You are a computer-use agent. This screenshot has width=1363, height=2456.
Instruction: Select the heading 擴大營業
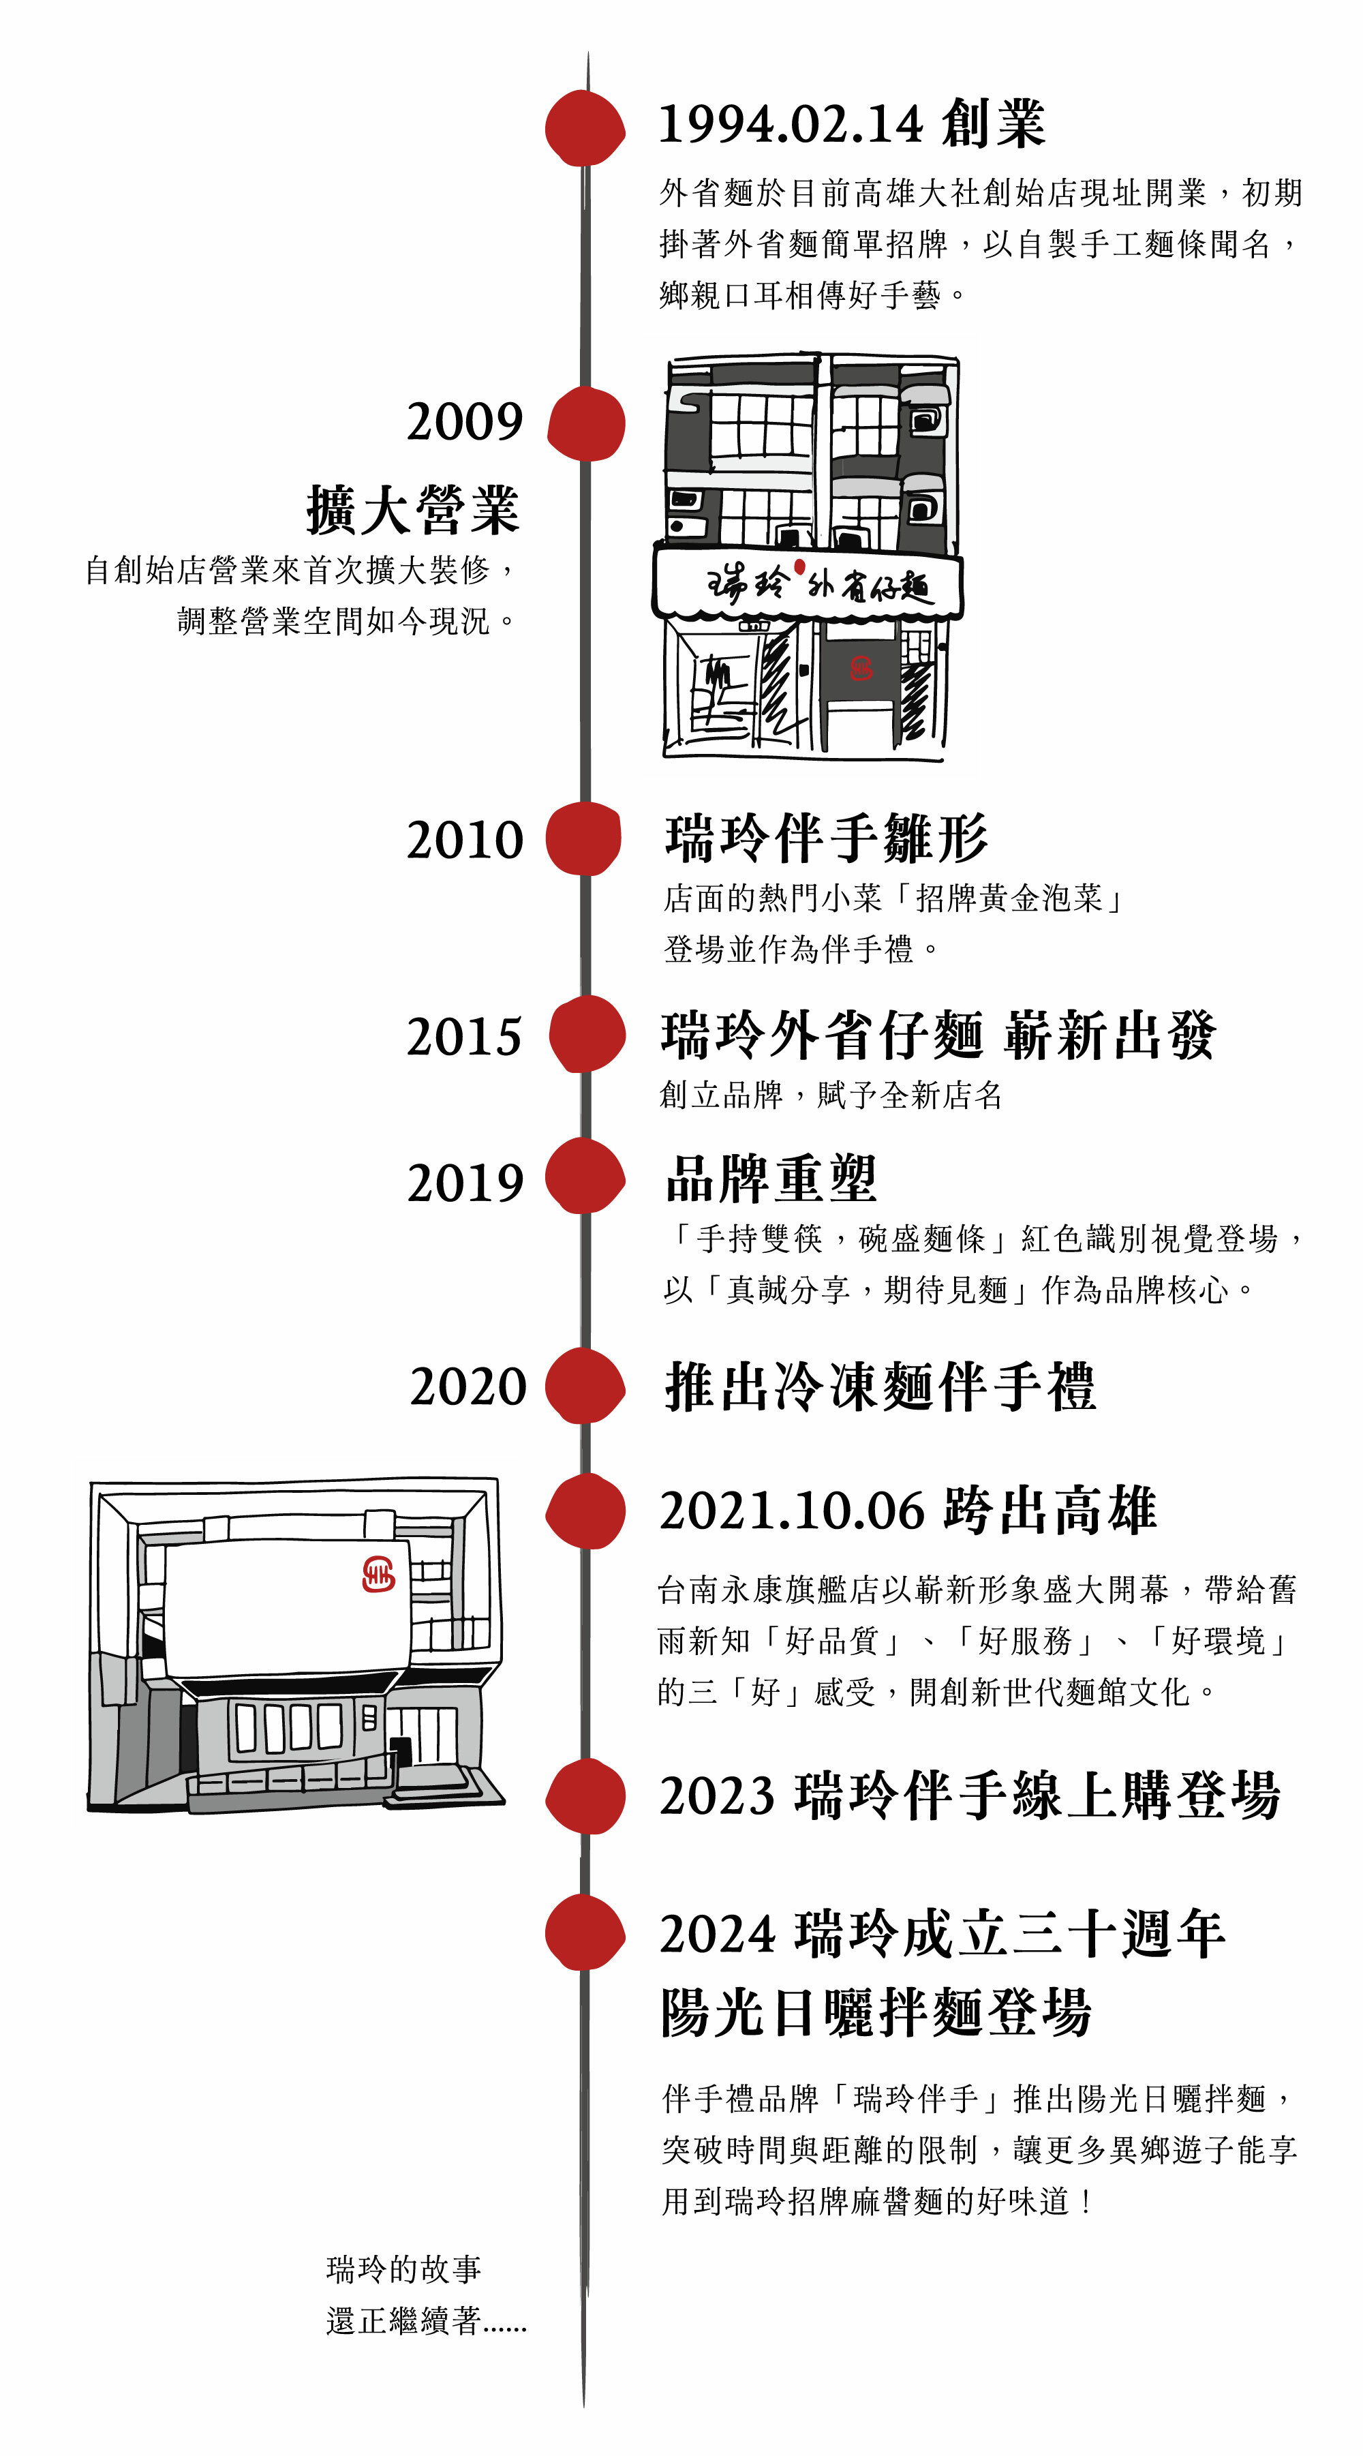point(413,509)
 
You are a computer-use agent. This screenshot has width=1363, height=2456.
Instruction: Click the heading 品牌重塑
point(770,1179)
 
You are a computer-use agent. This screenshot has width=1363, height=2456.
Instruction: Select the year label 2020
point(468,1386)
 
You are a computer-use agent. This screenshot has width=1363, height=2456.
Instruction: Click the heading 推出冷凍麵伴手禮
point(880,1386)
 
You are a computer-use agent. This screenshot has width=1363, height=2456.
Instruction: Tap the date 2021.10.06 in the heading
point(792,1511)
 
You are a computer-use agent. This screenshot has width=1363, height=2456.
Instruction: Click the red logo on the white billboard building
point(378,1574)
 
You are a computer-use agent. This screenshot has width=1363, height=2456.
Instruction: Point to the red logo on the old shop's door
point(861,669)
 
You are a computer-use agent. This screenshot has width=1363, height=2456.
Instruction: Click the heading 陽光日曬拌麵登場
point(876,2012)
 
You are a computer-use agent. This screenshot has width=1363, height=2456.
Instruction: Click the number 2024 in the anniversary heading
point(718,1935)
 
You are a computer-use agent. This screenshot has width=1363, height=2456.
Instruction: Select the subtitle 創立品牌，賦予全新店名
point(830,1095)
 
